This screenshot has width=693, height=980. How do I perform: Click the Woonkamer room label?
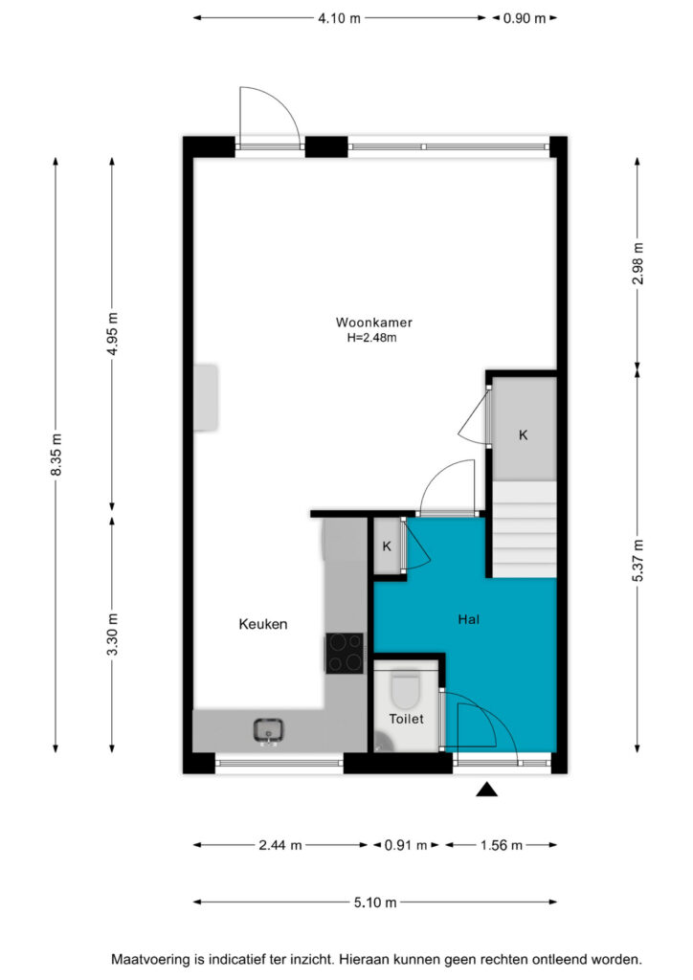pos(373,323)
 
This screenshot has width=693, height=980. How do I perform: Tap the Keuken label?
pos(263,624)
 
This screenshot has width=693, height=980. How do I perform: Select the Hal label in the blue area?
pos(469,619)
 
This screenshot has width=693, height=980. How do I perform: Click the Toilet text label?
pos(406,719)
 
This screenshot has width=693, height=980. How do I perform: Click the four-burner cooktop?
pos(345,653)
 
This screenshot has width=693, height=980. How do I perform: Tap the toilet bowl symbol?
pos(405,690)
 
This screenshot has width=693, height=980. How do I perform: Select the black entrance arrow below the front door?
pos(487,790)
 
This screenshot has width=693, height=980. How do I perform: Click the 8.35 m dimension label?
pos(56,455)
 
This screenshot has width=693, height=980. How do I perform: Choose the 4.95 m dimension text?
pos(113,334)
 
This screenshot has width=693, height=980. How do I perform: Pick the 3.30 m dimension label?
pos(113,635)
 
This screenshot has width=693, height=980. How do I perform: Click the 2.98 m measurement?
pos(637,263)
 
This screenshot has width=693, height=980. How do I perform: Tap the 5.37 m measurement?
pos(637,561)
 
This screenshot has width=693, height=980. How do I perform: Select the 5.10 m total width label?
pos(375,902)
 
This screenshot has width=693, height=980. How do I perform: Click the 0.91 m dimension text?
pos(406,846)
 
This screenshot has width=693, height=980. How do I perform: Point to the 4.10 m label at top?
pos(339,18)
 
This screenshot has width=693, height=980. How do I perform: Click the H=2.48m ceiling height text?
pos(372,338)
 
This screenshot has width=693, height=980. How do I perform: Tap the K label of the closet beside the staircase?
pos(523,435)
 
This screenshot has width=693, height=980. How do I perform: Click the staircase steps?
pos(525,529)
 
